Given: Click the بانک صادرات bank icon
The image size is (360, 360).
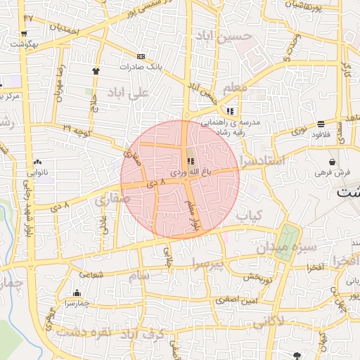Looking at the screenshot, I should [141, 56].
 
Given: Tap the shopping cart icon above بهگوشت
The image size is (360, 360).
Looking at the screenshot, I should [24, 34].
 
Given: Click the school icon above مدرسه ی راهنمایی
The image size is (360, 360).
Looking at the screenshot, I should [230, 111].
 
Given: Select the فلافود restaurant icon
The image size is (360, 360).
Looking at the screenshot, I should [321, 124].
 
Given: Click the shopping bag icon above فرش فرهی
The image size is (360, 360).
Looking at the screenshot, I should [331, 162].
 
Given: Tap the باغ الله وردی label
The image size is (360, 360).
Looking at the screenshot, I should [191, 172].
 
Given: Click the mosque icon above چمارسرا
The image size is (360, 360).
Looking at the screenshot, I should [77, 293].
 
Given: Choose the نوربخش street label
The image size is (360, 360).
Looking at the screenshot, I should [259, 276].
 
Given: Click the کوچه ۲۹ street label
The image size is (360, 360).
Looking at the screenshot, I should [77, 129].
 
